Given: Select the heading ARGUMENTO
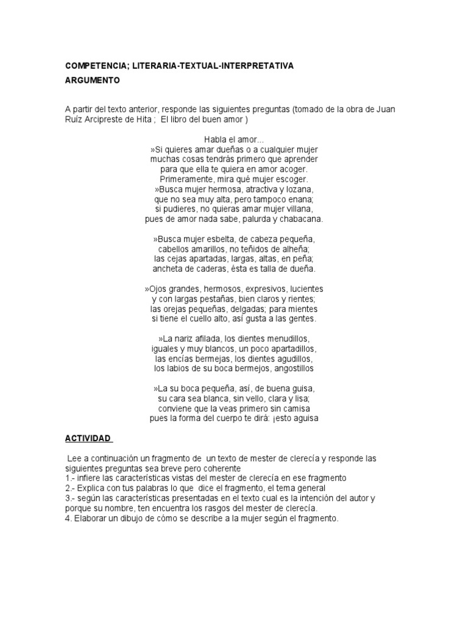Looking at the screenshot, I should click(x=93, y=80).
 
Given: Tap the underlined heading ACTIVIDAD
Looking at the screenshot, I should click(x=88, y=438).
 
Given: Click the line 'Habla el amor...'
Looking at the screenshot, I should click(x=234, y=140).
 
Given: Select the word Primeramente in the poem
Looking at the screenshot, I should click(x=186, y=179).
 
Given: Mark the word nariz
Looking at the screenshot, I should click(x=185, y=338).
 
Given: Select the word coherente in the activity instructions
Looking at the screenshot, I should click(x=222, y=468).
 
